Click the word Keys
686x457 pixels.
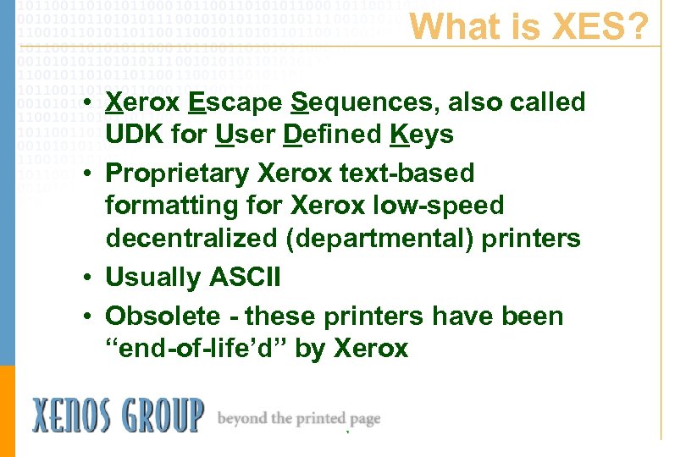(422, 135)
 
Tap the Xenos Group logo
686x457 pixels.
(118, 416)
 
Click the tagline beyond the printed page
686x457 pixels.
(298, 419)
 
